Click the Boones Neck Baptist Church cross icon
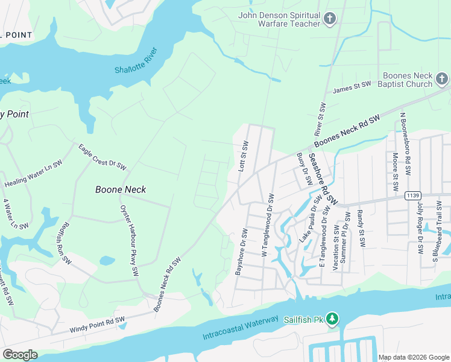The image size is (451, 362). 441,79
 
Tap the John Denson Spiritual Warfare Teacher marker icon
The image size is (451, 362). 329,19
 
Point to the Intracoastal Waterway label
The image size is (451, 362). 241,327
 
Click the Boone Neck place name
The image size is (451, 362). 121,189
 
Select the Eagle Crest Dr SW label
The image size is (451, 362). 101,156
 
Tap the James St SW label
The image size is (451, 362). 352,89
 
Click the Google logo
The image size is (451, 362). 20,354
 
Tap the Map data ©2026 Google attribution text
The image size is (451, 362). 413,357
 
